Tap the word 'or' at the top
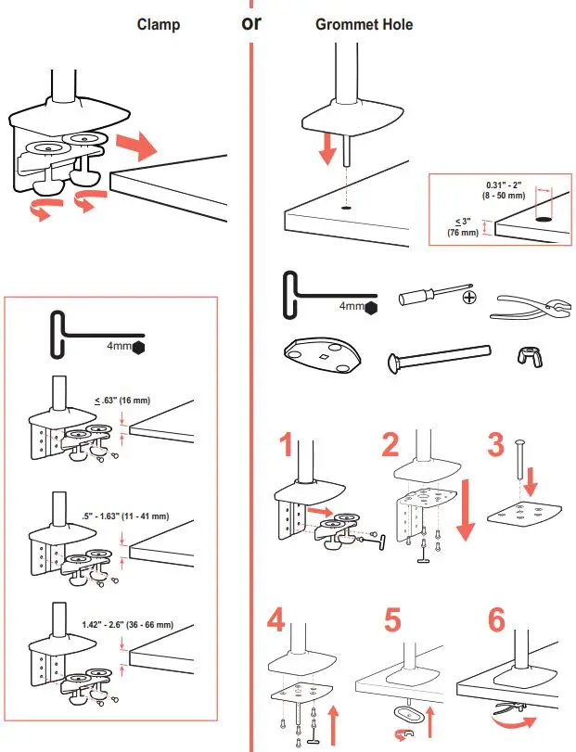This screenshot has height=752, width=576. point(251,22)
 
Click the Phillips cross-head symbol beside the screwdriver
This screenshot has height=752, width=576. point(468,298)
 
